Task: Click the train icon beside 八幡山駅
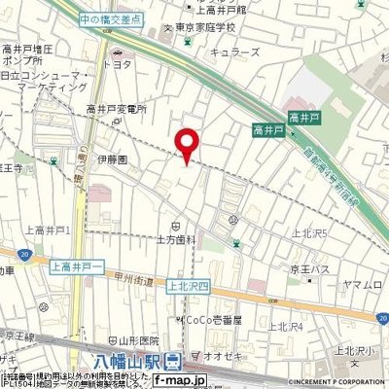tap(173, 363)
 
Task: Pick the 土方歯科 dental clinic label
tap(176, 237)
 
